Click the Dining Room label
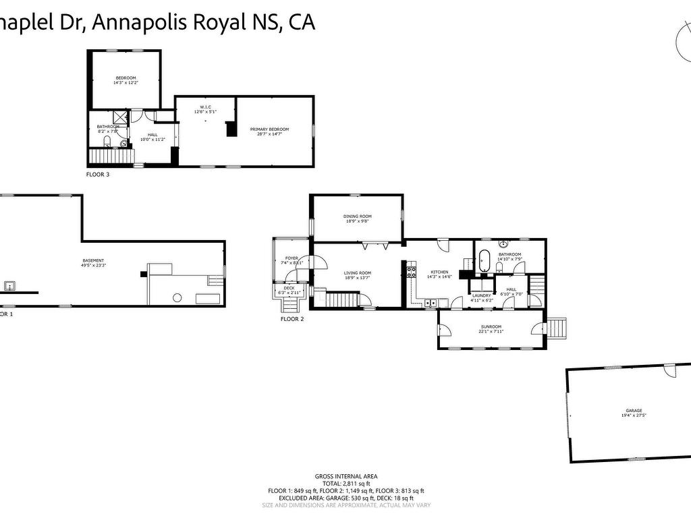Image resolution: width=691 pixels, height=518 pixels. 358,217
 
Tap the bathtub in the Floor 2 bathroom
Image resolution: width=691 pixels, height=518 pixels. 483,262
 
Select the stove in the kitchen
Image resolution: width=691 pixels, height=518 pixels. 410,272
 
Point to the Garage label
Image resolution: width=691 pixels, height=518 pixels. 633,411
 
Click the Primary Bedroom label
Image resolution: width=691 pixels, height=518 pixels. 269,129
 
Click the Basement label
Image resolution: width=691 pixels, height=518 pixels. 94,260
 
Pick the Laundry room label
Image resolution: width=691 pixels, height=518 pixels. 481,295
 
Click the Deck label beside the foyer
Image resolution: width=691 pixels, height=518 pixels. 289,289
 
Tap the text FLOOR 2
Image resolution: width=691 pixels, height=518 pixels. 292,319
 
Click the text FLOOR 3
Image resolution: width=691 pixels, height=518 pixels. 98,175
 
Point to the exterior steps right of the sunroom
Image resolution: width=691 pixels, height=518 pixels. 557,328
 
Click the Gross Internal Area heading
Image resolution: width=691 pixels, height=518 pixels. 346,476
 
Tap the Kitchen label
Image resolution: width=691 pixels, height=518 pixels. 438,272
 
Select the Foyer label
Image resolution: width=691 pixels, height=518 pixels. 292,258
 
